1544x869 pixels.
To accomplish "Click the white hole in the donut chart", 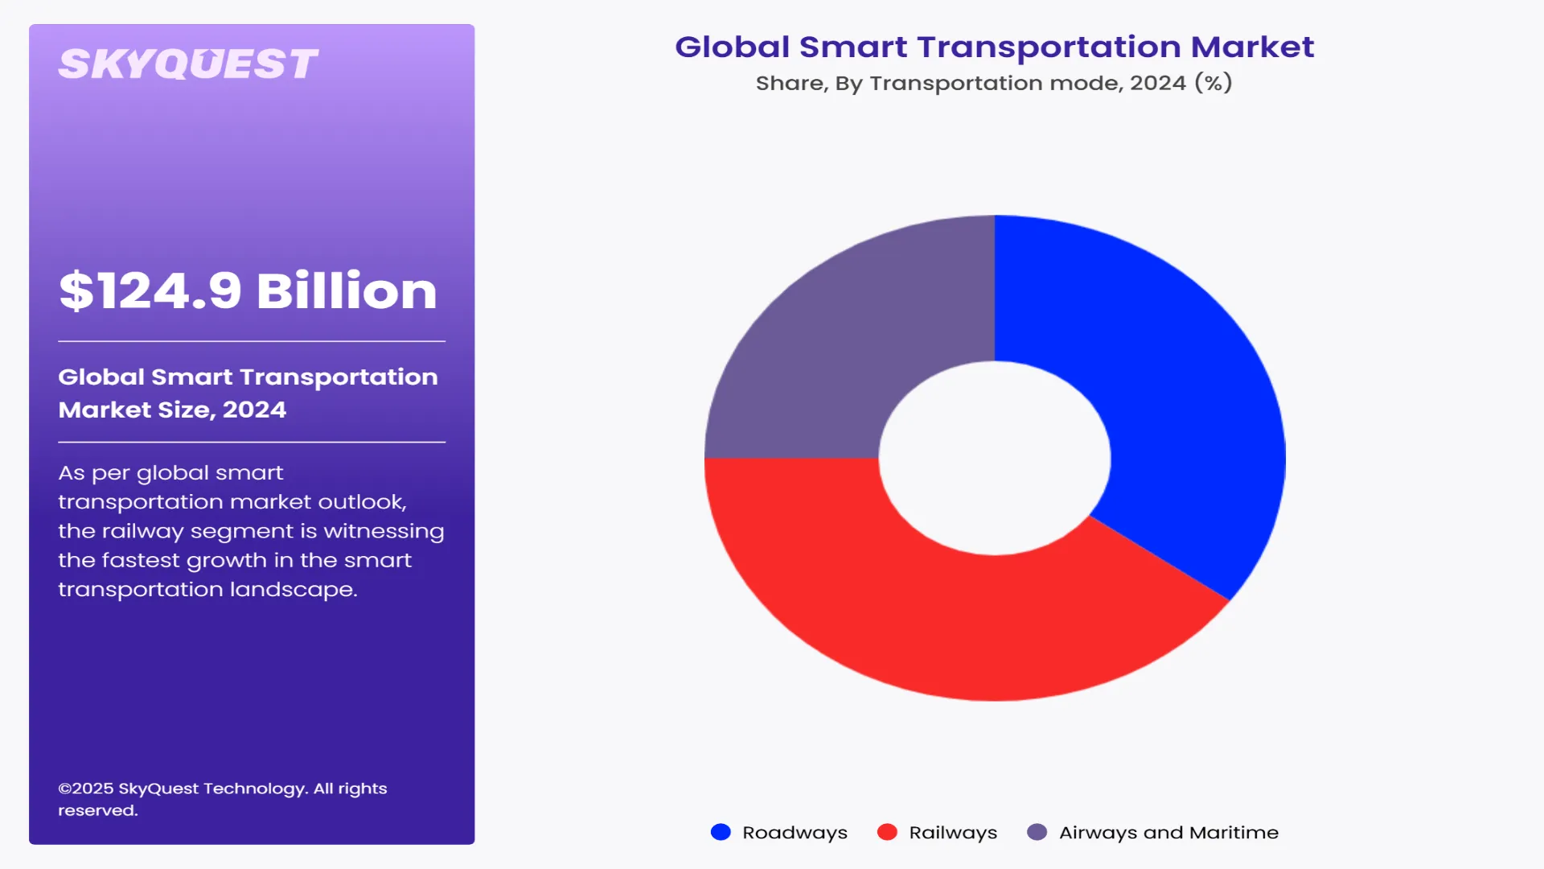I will point(995,458).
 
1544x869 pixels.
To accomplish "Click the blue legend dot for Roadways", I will point(721,832).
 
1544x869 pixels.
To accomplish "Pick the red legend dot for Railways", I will point(887,832).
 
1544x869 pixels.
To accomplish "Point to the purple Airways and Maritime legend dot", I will point(1037,832).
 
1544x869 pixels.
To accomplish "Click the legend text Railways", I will point(953,833).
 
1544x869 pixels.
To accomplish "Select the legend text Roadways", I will point(795,833).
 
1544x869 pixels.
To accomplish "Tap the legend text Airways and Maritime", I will point(1168,833).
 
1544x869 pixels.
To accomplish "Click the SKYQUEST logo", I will point(188,64).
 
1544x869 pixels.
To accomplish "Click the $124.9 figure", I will point(150,291).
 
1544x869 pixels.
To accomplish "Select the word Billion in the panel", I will point(347,291).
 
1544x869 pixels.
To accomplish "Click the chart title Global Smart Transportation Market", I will point(994,47).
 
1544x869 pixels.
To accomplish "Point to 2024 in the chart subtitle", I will point(1157,83).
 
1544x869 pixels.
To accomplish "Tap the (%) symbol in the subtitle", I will point(1213,83).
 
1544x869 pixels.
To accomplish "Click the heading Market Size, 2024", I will point(172,410).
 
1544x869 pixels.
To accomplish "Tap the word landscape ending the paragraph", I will point(293,590).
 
